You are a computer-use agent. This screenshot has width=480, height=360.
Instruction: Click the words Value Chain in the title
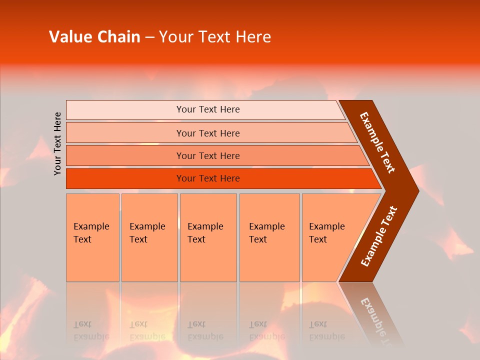(x=94, y=37)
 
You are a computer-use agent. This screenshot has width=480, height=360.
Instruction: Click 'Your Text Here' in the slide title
(x=215, y=37)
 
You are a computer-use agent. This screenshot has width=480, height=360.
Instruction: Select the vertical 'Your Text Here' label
(x=58, y=143)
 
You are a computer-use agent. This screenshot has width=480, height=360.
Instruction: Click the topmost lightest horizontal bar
(x=125, y=109)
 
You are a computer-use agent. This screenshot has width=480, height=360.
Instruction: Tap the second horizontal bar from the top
(x=125, y=133)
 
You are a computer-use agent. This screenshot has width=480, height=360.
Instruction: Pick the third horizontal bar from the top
(x=125, y=155)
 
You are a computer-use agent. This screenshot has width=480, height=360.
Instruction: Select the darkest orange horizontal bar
(x=125, y=178)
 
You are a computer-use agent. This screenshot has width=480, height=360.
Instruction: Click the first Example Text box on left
(x=92, y=237)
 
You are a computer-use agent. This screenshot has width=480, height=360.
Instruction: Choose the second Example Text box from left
(x=149, y=237)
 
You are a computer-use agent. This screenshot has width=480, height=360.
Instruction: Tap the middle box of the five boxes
(x=208, y=237)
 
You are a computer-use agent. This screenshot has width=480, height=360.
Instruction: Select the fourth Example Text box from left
(x=269, y=237)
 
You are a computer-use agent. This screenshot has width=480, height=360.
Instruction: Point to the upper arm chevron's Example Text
(x=377, y=142)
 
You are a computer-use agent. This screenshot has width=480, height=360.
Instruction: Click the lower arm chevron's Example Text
(x=378, y=236)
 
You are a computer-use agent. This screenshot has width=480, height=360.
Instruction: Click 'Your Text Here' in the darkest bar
(x=208, y=178)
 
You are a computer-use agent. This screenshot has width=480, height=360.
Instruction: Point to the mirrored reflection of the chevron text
(x=375, y=317)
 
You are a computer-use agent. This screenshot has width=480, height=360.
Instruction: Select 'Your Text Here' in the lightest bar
(x=208, y=109)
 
